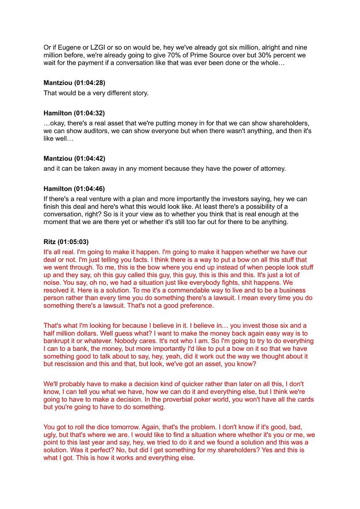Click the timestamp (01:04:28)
[x=90, y=83]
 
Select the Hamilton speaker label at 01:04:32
[x=58, y=113]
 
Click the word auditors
[x=94, y=131]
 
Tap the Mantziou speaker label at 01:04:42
[x=58, y=159]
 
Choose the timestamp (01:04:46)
[x=90, y=189]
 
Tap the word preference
[x=197, y=306]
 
